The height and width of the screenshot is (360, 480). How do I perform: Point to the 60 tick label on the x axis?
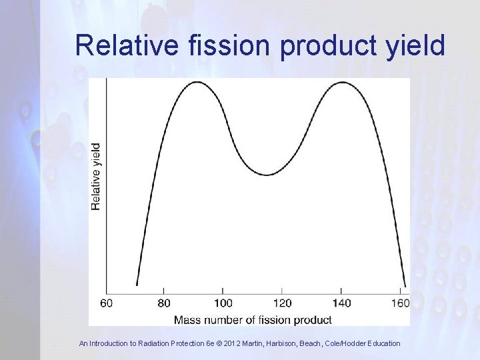107,303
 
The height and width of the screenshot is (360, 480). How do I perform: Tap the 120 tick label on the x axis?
281,303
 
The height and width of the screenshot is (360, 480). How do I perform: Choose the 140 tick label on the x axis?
341,303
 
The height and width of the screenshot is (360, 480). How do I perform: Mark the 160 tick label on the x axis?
399,303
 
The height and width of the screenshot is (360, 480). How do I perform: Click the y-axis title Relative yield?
97,176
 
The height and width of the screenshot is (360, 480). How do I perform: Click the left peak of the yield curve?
197,82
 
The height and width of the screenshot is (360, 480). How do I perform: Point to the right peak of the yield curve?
341,82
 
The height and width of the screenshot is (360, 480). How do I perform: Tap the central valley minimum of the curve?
267,175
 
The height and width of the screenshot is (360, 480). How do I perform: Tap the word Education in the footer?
382,343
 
